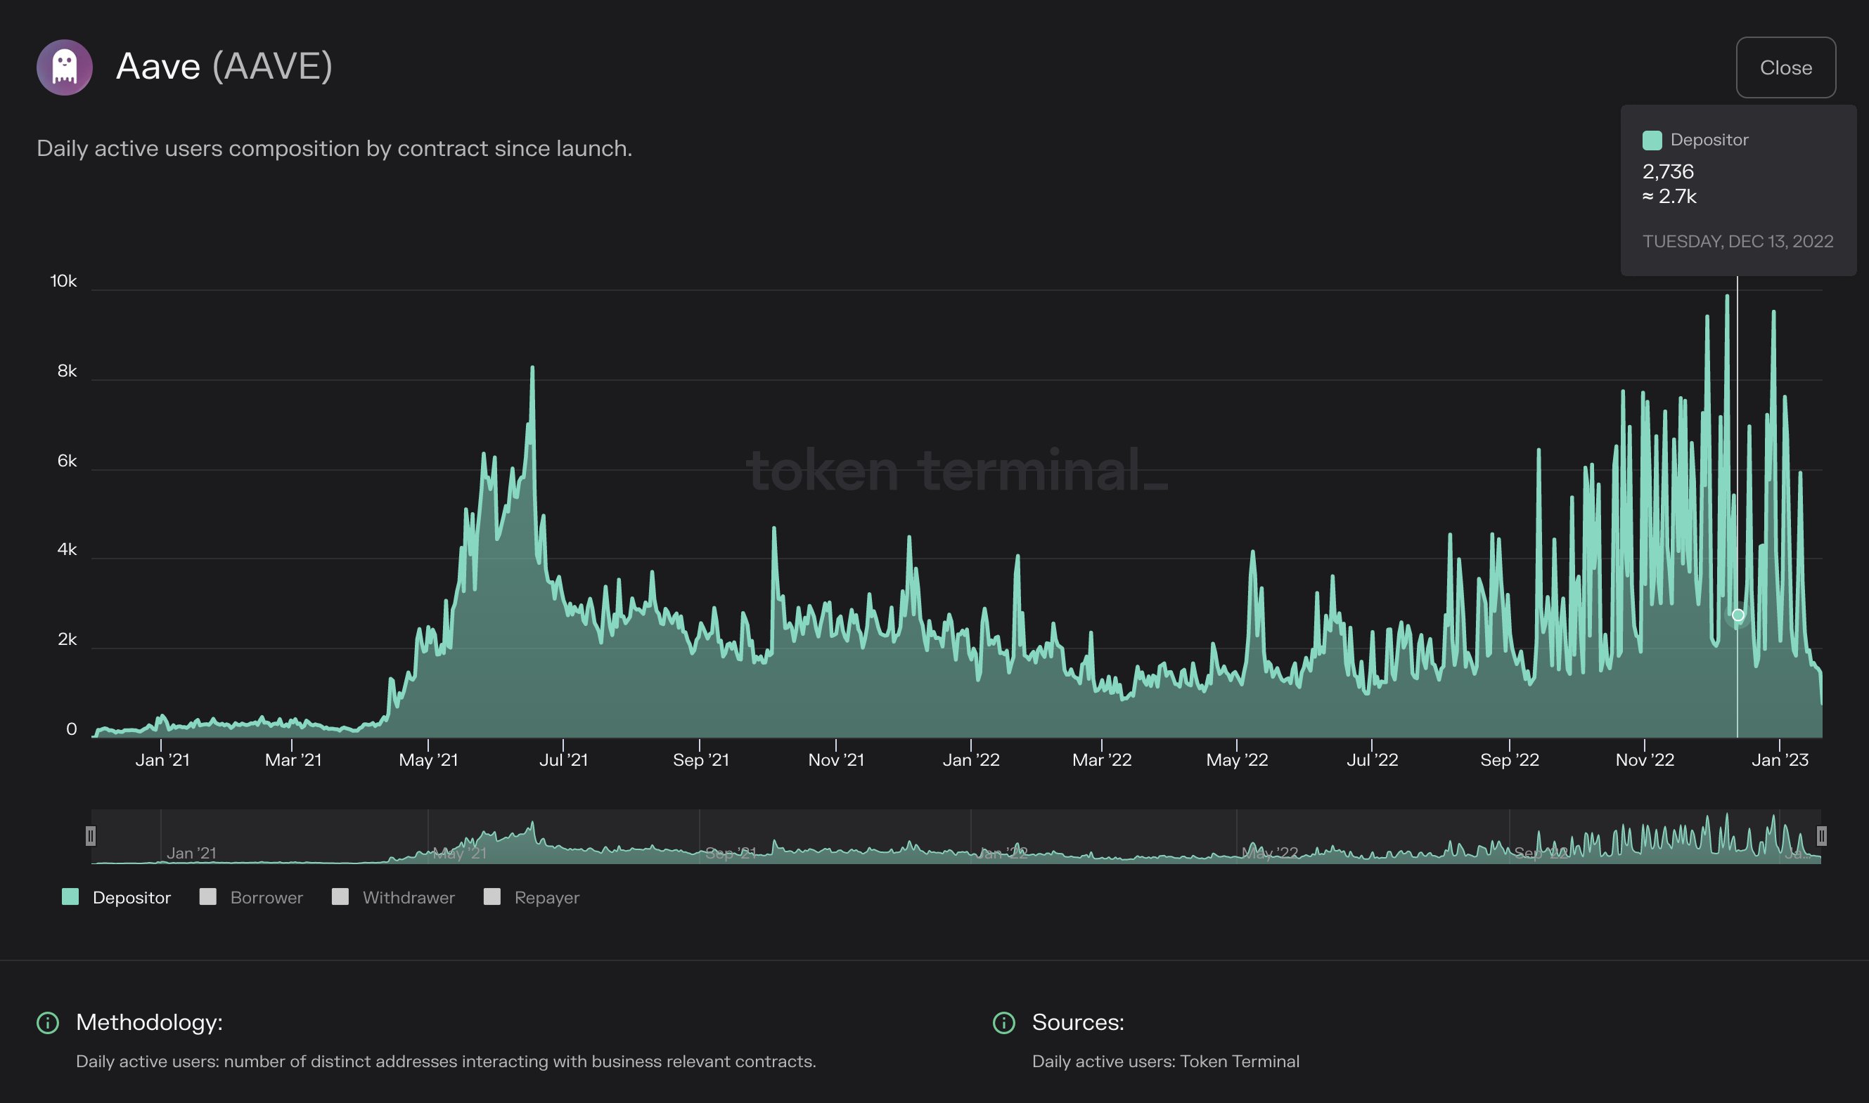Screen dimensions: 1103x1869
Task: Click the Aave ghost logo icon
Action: [65, 67]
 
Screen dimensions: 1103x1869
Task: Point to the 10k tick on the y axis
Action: [63, 281]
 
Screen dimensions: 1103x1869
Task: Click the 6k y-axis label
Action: [67, 461]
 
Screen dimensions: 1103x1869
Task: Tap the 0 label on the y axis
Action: [72, 729]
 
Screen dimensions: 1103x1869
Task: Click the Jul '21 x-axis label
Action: [563, 759]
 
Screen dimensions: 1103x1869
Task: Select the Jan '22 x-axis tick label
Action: [970, 759]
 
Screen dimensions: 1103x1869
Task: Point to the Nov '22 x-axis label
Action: [1645, 759]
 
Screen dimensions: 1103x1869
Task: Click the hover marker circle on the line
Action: [1738, 615]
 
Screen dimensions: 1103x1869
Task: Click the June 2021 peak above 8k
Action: [532, 367]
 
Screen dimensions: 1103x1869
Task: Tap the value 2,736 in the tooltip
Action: [1667, 171]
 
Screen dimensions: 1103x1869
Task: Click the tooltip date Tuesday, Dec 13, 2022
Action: [1738, 242]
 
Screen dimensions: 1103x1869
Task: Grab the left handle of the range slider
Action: [91, 836]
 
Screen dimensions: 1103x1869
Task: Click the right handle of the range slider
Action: [1821, 836]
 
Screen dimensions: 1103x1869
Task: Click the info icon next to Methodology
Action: [48, 1023]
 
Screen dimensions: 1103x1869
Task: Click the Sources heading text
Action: [1078, 1022]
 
